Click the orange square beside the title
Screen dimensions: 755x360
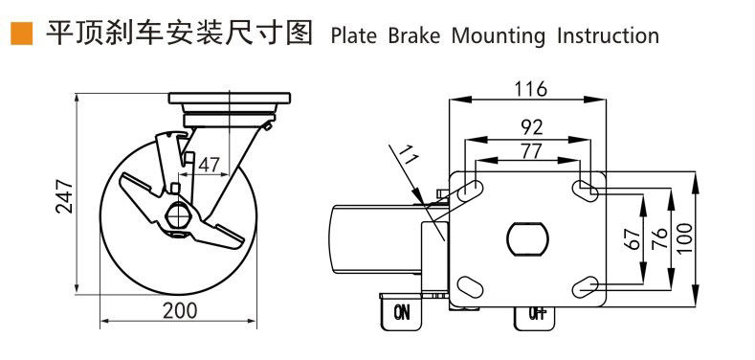click(x=22, y=34)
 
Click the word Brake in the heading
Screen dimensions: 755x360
click(x=414, y=36)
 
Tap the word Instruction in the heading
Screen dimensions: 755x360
click(x=608, y=36)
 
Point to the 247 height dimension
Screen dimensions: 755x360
click(x=64, y=196)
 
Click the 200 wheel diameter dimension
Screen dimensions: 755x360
click(x=180, y=311)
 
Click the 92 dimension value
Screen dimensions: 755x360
click(x=533, y=127)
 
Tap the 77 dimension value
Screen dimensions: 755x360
click(x=531, y=151)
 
